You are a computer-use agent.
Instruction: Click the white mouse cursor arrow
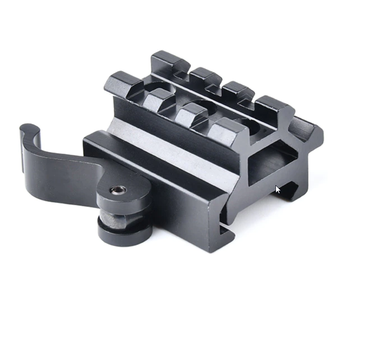[278, 189]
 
